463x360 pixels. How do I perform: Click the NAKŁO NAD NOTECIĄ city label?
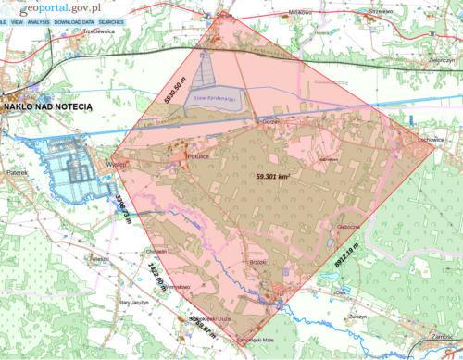click(x=48, y=107)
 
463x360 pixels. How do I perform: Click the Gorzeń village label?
click(x=270, y=123)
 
